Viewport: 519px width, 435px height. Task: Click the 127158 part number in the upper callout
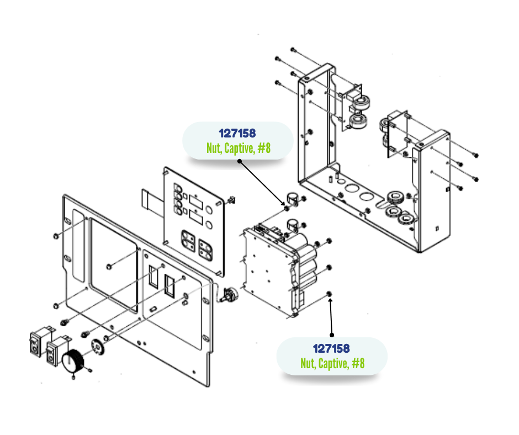pos(237,133)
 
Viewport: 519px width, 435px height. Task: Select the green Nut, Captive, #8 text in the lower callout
pos(332,363)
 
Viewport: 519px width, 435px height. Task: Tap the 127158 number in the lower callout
pos(331,348)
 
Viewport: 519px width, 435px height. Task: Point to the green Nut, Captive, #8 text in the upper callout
pos(237,148)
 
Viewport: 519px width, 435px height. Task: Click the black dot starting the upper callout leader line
pos(240,161)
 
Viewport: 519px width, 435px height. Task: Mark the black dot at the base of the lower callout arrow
pos(332,335)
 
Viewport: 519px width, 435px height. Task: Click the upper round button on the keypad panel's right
pos(210,210)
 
